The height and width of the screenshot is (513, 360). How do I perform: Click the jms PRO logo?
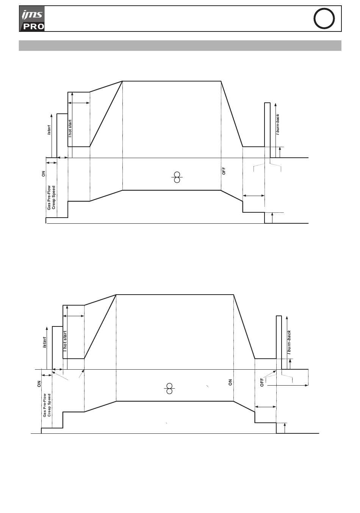click(32, 19)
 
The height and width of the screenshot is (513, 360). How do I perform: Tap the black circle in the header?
click(324, 19)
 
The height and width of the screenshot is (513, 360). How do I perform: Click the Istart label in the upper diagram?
click(49, 130)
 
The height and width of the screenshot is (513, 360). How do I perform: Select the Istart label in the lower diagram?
click(45, 342)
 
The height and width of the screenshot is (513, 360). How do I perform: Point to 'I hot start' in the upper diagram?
click(70, 129)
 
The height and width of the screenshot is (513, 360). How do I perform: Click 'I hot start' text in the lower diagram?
click(65, 341)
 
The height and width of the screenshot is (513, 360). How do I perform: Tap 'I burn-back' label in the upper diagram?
click(278, 125)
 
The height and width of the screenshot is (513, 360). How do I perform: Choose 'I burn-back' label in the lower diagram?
click(289, 342)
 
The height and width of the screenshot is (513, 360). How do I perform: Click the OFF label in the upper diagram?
click(224, 171)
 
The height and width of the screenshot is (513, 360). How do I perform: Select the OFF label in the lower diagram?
click(262, 383)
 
